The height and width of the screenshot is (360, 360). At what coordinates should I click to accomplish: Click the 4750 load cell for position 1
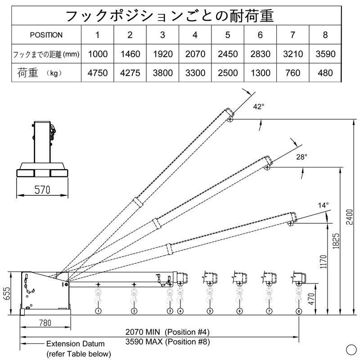coord(98,73)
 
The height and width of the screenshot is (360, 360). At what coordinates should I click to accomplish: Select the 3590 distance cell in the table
coord(325,54)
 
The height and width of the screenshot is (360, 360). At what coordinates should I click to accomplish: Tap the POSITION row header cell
coord(46,35)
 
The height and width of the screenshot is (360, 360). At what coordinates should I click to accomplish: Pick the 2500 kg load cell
coord(228,73)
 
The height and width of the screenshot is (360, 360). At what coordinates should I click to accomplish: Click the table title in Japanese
coord(170,16)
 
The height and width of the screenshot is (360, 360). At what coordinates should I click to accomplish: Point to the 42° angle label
coord(258,107)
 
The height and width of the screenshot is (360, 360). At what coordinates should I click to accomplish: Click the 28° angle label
coord(301,157)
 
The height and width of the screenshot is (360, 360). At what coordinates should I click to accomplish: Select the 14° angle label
coord(323,205)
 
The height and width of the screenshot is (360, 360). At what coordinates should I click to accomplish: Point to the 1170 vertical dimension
coord(320,268)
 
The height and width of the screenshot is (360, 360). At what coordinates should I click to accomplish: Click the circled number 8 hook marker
coord(299,311)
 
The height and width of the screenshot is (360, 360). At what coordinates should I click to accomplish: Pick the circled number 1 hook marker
coord(98,311)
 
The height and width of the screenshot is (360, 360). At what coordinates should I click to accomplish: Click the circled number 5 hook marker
coord(210,311)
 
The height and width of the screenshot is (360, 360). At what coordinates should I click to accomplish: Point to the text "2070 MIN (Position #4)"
coord(167,332)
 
